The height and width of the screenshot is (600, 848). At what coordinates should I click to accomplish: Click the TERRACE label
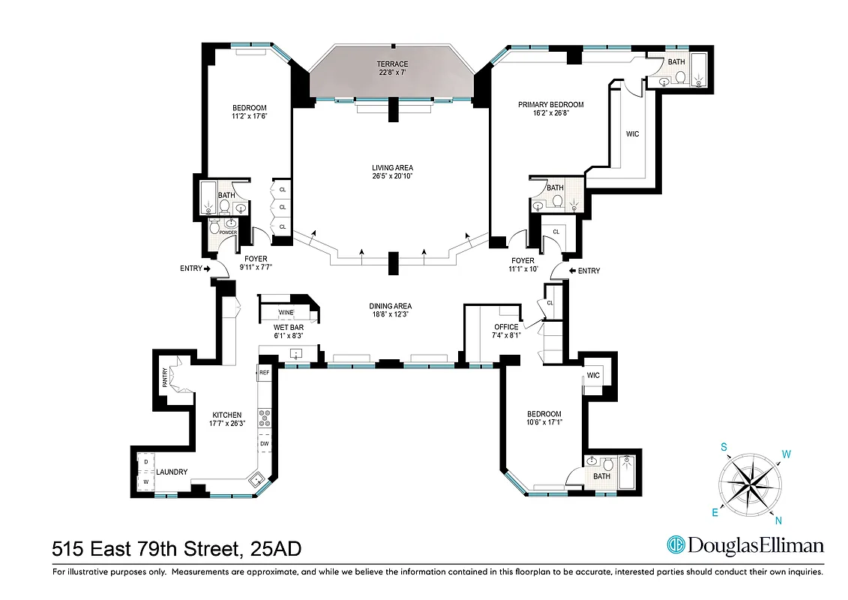[392, 64]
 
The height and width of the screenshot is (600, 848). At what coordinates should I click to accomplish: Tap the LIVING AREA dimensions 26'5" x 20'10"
[392, 176]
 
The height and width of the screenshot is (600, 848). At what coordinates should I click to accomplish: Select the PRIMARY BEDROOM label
[550, 105]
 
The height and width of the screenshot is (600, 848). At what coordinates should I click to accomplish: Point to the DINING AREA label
[390, 306]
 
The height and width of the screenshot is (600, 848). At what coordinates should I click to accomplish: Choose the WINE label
[286, 312]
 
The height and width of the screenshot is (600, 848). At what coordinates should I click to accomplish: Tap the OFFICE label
[505, 327]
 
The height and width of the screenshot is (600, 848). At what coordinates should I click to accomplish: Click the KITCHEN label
[226, 415]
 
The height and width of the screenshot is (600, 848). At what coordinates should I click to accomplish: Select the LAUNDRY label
[172, 472]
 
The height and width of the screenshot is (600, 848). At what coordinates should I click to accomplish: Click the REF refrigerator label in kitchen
[264, 372]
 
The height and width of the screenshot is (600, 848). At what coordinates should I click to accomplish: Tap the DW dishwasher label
[264, 443]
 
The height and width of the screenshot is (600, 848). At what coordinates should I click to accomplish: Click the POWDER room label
[228, 232]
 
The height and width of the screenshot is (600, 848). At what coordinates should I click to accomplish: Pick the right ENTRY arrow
[574, 271]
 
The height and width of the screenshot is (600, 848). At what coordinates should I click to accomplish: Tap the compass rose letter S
[724, 447]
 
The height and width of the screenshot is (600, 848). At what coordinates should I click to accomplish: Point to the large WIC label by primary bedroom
[632, 134]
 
